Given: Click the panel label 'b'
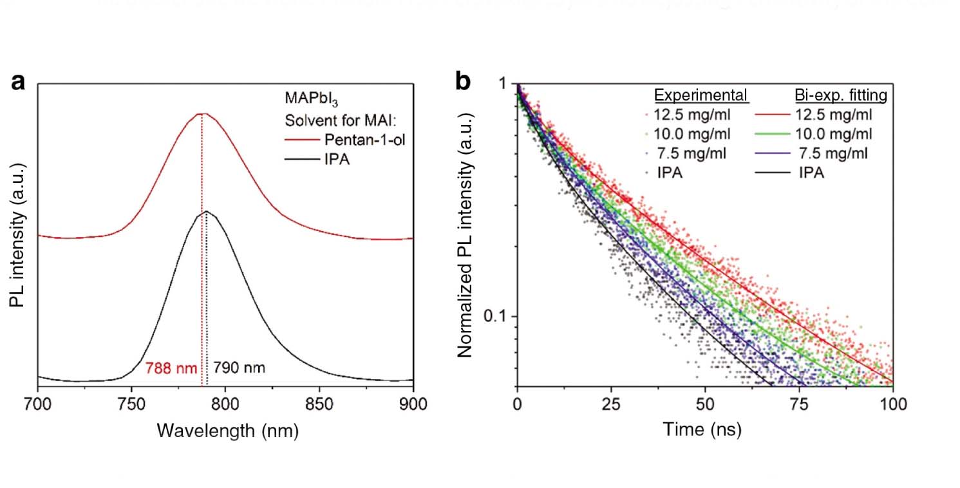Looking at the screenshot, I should tap(464, 82).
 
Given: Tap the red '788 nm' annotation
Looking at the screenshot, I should tap(171, 368).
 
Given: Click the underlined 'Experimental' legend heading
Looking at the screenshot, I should tap(701, 96).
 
